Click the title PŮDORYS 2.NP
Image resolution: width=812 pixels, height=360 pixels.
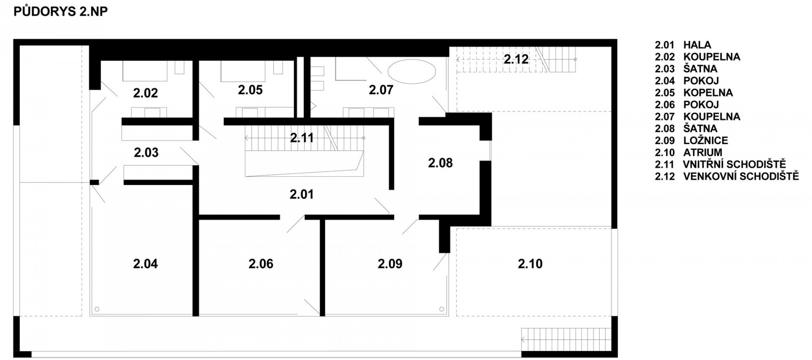point(60,12)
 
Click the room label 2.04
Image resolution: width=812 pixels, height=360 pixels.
point(145,264)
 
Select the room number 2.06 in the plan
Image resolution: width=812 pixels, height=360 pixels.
point(261,264)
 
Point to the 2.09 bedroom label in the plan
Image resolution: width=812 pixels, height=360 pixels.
point(390,264)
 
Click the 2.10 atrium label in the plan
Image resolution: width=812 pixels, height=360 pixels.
point(530,264)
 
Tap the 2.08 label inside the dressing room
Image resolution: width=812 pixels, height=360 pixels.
point(440,163)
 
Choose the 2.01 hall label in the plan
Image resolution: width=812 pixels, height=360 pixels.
point(302,195)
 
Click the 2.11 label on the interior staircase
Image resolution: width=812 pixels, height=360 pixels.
point(302,138)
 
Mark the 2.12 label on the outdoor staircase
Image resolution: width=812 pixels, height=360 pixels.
point(516,59)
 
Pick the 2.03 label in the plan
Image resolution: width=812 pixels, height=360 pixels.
point(146,153)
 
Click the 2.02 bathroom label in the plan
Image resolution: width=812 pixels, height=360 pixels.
point(145,93)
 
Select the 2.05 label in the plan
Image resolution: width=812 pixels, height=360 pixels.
point(250,90)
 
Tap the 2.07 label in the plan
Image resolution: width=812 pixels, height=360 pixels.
point(381,90)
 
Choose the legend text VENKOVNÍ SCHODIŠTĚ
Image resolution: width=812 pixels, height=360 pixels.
point(741,176)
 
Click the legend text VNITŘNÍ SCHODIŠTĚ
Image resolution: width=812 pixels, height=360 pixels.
point(734,164)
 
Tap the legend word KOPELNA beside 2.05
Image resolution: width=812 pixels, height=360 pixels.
point(708,93)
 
